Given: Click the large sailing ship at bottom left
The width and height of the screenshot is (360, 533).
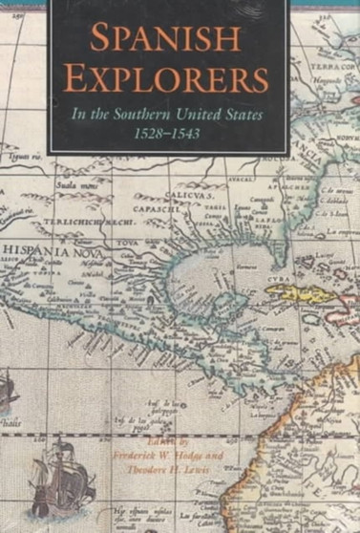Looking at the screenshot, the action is pos(54,485).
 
